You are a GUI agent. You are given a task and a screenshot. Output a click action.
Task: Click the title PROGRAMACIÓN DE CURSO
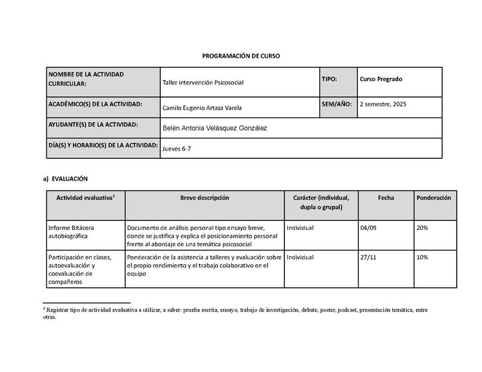point(240,55)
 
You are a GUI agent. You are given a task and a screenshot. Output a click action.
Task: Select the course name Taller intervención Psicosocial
point(203,82)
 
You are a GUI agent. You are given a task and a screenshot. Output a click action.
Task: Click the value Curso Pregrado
point(381,79)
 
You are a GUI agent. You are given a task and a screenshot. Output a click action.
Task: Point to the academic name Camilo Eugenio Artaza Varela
point(205,108)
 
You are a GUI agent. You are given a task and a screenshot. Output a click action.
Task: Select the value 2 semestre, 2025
point(383,104)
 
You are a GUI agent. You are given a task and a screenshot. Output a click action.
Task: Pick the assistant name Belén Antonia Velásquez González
point(215,128)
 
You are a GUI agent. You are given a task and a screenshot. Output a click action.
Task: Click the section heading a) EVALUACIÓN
point(66,179)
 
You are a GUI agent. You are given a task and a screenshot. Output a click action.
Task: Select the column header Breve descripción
point(204,198)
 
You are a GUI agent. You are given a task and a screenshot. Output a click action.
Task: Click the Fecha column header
point(386,198)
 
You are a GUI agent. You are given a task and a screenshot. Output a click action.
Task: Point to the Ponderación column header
point(433,198)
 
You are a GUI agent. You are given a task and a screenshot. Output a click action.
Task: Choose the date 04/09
point(367,228)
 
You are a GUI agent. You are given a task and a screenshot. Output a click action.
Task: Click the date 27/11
point(368,258)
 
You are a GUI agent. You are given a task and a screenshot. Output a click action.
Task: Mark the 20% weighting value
point(422,228)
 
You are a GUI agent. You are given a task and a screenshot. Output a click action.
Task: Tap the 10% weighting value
point(422,258)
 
